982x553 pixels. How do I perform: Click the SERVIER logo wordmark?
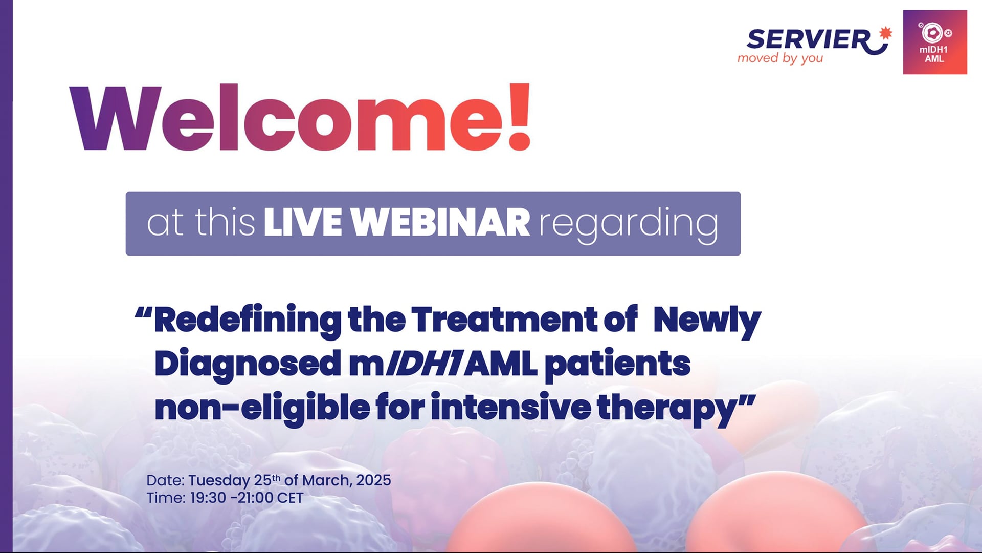point(808,40)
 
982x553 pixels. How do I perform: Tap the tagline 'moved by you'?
point(780,58)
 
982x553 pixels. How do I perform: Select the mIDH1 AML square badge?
point(934,42)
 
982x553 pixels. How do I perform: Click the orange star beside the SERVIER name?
point(885,33)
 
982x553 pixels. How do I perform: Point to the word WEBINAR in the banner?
point(441,223)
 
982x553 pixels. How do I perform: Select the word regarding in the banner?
point(629,224)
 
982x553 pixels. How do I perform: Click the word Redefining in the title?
point(248,321)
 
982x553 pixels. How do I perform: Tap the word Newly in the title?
point(707,321)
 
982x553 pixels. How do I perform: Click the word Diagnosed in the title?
point(248,364)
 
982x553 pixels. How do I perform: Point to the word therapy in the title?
point(668,409)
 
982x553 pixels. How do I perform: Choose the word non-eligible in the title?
point(262,409)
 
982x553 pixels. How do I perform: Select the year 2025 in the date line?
point(373,480)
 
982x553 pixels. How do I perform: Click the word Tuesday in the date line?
point(219,481)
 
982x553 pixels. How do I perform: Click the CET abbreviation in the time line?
point(290,498)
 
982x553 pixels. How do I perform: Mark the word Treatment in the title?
point(504,321)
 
